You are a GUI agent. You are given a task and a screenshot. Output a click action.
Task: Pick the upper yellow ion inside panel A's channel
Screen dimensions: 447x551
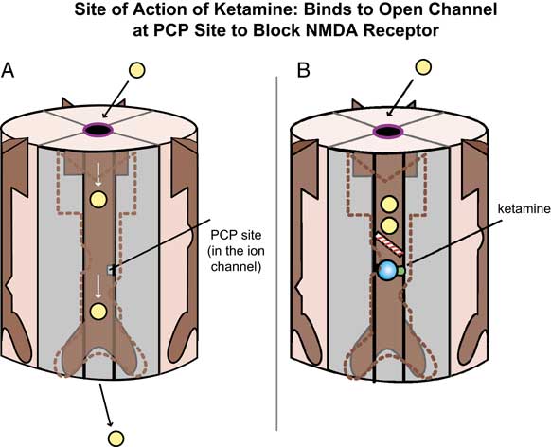point(98,200)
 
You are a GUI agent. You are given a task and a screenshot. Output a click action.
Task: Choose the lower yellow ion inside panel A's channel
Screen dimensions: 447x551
point(98,310)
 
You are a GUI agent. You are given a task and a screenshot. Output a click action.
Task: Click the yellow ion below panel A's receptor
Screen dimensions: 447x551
point(116,437)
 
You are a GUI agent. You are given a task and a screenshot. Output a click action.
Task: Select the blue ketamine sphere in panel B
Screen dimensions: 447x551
point(386,272)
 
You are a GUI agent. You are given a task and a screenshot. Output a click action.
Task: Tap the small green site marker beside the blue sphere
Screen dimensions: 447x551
point(400,271)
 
